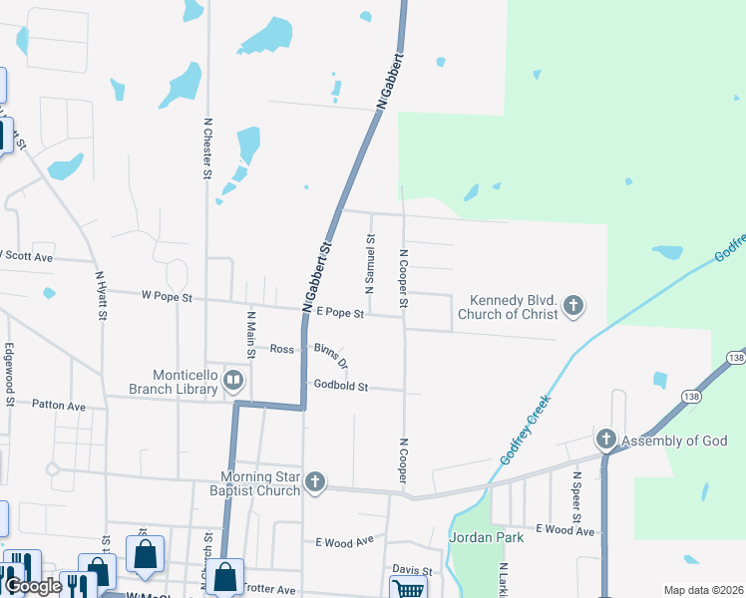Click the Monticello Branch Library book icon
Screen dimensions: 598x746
coord(232,379)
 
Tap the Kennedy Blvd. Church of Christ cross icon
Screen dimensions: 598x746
coord(572,306)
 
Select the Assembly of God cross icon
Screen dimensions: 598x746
coord(605,440)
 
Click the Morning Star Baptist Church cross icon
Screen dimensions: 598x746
coord(315,482)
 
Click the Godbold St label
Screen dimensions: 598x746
coord(341,386)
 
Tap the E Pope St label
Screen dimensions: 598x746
coord(339,313)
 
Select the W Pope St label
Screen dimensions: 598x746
coord(167,296)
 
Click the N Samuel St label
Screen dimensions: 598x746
coord(370,264)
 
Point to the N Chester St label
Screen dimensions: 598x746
coord(207,148)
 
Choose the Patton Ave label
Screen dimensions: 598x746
coord(59,406)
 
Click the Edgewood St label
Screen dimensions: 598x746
coord(9,375)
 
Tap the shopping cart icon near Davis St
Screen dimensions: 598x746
coord(409,589)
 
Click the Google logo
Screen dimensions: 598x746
coord(33,587)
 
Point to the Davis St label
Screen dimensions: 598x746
coord(412,571)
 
